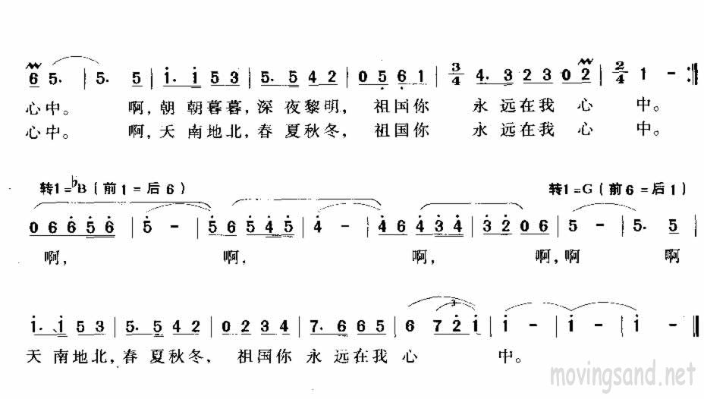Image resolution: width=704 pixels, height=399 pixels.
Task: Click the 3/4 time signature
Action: tap(458, 77)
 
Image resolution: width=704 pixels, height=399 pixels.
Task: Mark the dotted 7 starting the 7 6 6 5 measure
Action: tap(314, 326)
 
